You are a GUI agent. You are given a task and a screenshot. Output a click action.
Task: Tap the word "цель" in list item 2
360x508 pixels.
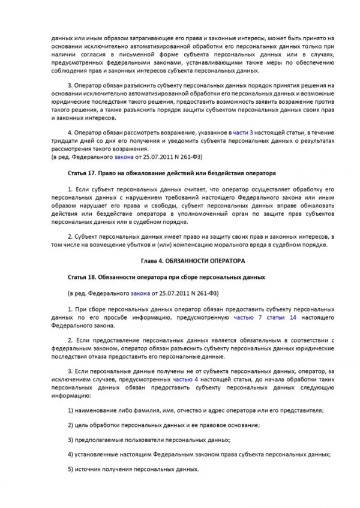(82, 425)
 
